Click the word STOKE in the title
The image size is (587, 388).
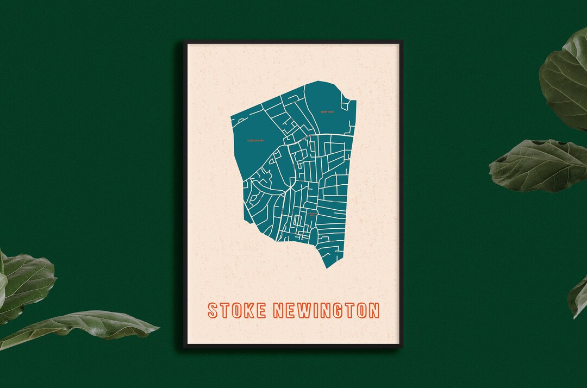tap(236, 310)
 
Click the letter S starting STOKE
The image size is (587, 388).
tap(213, 310)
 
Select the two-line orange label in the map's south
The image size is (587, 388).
tap(311, 215)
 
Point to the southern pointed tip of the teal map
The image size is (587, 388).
tap(327, 267)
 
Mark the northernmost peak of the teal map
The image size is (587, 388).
tap(319, 82)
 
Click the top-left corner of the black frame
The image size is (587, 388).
tap(184, 41)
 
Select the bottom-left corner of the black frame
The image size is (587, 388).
tap(184, 346)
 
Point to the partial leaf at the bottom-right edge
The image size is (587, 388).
tap(578, 296)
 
